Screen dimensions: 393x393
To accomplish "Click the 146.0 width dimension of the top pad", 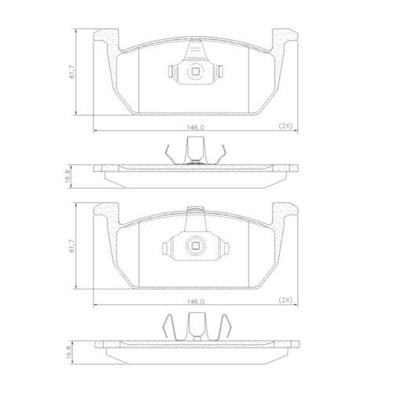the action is click(196, 127).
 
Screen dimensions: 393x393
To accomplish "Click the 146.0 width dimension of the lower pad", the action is click(196, 302).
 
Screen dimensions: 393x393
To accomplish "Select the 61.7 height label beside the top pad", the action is click(72, 72).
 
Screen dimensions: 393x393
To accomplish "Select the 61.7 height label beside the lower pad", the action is click(72, 246).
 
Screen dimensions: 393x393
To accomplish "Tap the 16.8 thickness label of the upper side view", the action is click(68, 176).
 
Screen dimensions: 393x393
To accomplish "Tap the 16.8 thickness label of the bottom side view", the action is click(69, 352).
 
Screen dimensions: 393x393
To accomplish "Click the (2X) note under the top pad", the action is click(285, 126).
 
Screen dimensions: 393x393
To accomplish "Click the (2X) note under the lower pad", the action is click(285, 299).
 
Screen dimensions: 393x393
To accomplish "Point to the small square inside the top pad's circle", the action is click(195, 72).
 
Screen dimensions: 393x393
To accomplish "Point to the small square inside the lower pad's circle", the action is click(195, 245).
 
